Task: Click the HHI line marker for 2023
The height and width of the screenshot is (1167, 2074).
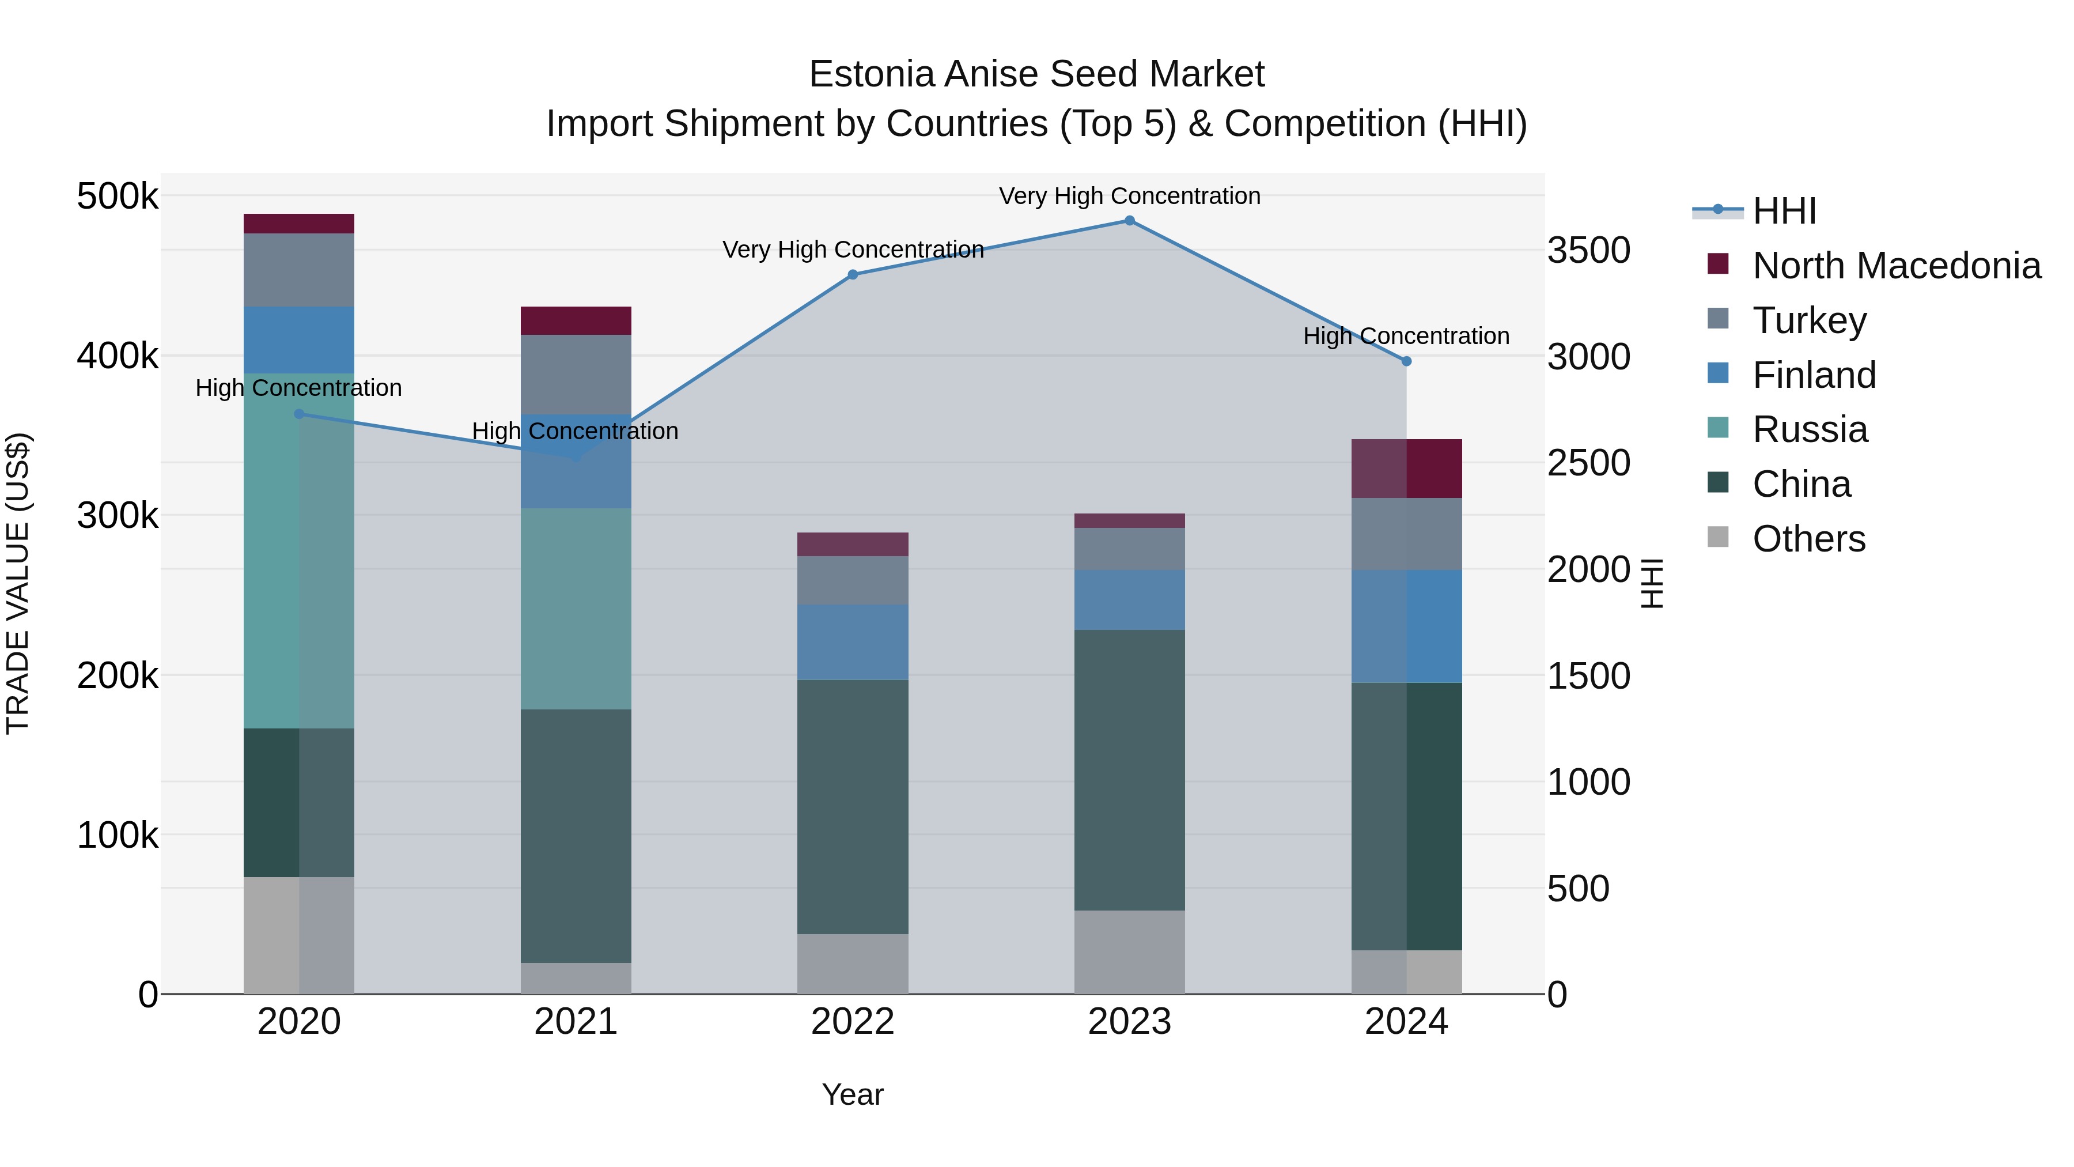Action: (1130, 221)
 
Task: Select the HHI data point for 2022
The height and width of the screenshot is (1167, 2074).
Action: (853, 275)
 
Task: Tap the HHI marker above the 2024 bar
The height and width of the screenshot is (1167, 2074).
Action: (1406, 361)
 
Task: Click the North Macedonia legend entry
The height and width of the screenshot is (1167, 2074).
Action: (1895, 266)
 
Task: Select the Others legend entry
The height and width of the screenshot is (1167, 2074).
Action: (1808, 539)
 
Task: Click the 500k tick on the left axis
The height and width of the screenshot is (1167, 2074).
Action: (118, 196)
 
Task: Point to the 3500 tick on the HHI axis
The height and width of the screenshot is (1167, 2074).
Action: (1588, 251)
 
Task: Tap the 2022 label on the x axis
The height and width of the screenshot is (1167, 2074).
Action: (853, 1022)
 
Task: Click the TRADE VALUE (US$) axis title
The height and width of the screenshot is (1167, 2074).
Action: (18, 583)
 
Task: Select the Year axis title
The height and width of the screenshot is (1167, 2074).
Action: (853, 1094)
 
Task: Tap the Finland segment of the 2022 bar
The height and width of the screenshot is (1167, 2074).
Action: (853, 642)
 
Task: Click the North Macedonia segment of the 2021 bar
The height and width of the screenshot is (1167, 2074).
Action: (576, 320)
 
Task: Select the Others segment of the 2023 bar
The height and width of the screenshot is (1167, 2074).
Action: (1130, 952)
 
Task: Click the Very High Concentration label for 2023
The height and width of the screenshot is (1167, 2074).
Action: (1130, 196)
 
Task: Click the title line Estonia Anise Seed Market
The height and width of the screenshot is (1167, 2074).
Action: (1036, 74)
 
